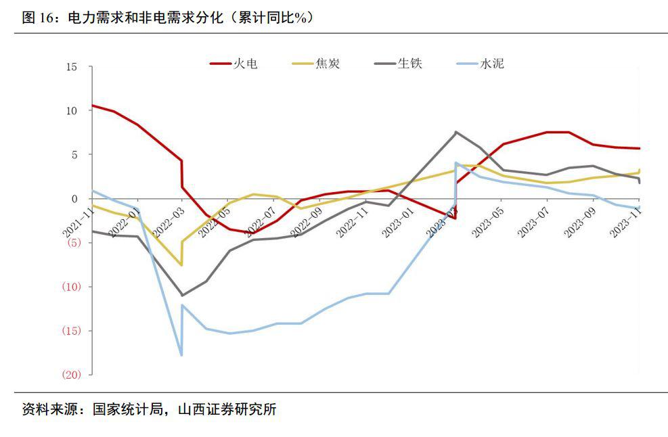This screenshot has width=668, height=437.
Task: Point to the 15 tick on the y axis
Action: pyautogui.click(x=72, y=67)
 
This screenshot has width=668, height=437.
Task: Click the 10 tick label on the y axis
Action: pyautogui.click(x=72, y=110)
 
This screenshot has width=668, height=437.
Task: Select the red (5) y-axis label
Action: pyautogui.click(x=72, y=243)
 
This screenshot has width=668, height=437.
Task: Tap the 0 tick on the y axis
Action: pyautogui.click(x=74, y=199)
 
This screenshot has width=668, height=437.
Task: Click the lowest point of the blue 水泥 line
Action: pyautogui.click(x=181, y=355)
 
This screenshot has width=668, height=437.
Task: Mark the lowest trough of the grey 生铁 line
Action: pyautogui.click(x=181, y=296)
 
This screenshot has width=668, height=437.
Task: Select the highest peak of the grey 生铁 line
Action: pyautogui.click(x=455, y=132)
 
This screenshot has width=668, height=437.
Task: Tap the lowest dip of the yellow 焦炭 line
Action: pyautogui.click(x=181, y=265)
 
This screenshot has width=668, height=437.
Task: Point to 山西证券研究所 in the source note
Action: pyautogui.click(x=227, y=410)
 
